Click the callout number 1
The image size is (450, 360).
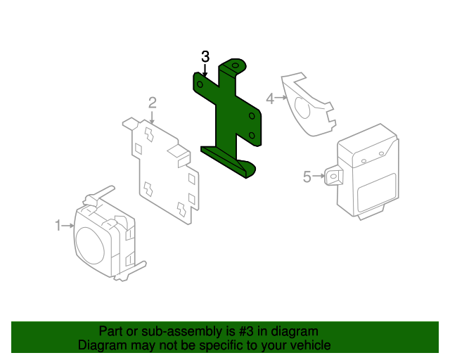click(x=58, y=226)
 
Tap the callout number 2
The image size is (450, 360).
click(x=152, y=103)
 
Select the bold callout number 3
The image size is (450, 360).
click(x=205, y=56)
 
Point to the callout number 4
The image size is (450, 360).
click(x=270, y=99)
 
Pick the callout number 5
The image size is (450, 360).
click(x=307, y=177)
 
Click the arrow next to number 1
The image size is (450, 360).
click(x=68, y=226)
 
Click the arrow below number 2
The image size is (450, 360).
click(x=152, y=118)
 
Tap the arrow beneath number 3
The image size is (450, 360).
click(x=205, y=70)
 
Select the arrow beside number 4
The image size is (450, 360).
click(x=281, y=98)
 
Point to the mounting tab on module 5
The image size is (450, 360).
click(x=333, y=175)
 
